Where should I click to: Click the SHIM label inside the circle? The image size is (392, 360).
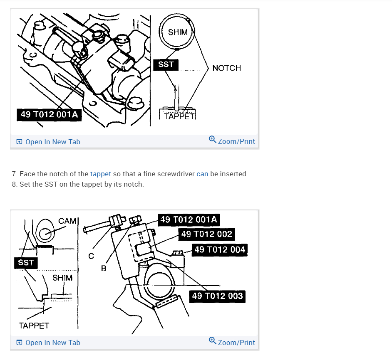click(178, 32)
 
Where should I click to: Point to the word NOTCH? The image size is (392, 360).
click(226, 68)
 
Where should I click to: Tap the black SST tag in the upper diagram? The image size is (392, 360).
click(166, 64)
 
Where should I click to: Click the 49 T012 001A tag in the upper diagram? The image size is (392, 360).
click(49, 114)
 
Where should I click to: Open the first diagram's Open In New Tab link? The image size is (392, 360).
click(48, 142)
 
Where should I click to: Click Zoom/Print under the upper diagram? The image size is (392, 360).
click(232, 141)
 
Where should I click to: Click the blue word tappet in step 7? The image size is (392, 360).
click(100, 174)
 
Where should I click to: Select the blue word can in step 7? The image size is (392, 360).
click(202, 174)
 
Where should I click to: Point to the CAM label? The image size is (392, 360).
click(67, 221)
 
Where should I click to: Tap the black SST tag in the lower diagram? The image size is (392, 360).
click(26, 263)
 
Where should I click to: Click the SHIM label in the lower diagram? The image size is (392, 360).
click(62, 278)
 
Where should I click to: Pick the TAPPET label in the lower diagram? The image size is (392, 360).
click(34, 325)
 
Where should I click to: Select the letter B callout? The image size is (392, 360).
click(104, 269)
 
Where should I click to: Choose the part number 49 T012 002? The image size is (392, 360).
click(206, 234)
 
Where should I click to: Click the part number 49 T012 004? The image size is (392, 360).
click(220, 249)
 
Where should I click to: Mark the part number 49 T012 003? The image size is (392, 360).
click(217, 296)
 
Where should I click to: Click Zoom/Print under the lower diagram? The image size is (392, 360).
click(232, 342)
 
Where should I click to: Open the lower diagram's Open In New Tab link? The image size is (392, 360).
click(48, 343)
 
